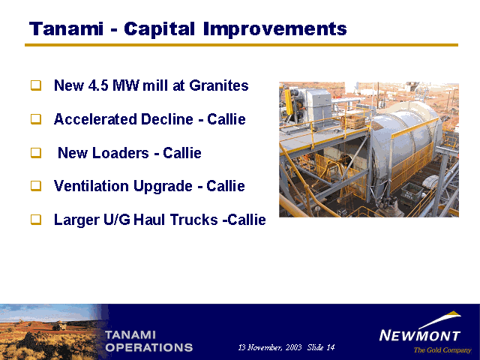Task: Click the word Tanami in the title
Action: pyautogui.click(x=66, y=28)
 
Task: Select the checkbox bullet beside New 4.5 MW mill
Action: pyautogui.click(x=36, y=85)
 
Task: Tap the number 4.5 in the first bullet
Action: pyautogui.click(x=98, y=85)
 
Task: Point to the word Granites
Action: pyautogui.click(x=219, y=85)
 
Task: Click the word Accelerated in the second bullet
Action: pyautogui.click(x=95, y=119)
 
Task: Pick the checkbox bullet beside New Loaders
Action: pyautogui.click(x=36, y=153)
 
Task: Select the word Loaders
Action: pyautogui.click(x=121, y=153)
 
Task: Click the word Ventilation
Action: pyautogui.click(x=91, y=186)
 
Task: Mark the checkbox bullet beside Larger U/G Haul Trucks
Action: pyautogui.click(x=36, y=219)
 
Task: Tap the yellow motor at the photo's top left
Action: pyautogui.click(x=288, y=102)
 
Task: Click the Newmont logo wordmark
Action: pyautogui.click(x=420, y=335)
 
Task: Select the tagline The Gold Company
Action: pyautogui.click(x=442, y=350)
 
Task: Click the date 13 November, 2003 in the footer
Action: pyautogui.click(x=270, y=347)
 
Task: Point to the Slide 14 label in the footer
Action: pyautogui.click(x=321, y=347)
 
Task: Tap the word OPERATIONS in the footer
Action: pyautogui.click(x=149, y=347)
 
